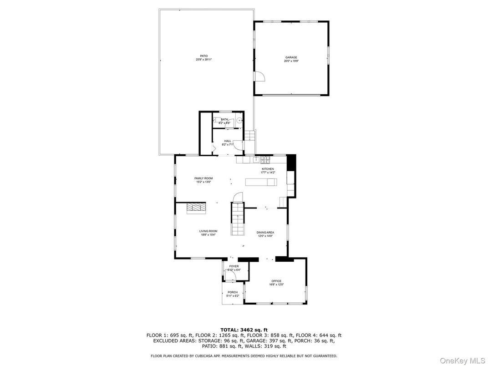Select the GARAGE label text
[x=291, y=57]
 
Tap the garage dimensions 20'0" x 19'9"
[x=291, y=61]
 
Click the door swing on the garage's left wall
[x=259, y=76]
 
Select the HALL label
[x=227, y=141]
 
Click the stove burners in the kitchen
[x=265, y=159]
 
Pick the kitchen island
[x=261, y=183]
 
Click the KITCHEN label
[x=267, y=169]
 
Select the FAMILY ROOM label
[x=203, y=178]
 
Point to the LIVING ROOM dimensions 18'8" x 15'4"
[x=208, y=235]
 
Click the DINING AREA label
[x=265, y=232]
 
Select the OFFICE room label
[x=276, y=281]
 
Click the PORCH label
[x=233, y=292]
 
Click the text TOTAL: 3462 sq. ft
[x=244, y=329]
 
